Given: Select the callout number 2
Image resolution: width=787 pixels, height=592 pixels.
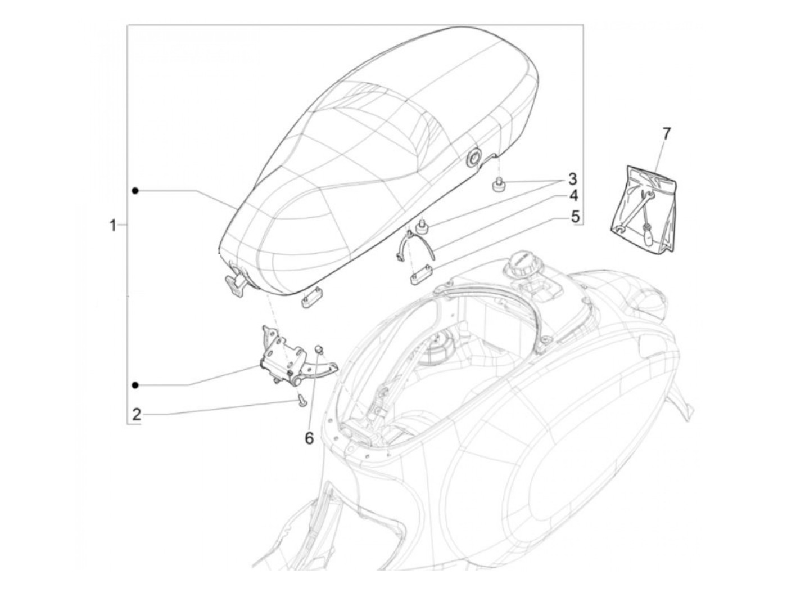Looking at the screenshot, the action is (137, 415).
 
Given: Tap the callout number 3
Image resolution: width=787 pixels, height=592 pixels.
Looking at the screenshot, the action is (572, 180).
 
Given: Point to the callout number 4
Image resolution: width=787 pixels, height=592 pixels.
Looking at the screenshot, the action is (572, 196).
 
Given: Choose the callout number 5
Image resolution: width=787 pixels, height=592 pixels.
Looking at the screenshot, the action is (575, 217).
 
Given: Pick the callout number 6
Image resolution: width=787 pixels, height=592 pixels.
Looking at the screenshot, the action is (309, 438).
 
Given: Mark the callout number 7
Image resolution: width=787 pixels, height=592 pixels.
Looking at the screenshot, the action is (666, 134).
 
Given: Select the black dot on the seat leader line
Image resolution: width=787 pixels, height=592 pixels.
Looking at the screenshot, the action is (135, 191).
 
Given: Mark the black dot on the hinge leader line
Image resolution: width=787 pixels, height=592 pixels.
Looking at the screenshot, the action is (135, 385).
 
